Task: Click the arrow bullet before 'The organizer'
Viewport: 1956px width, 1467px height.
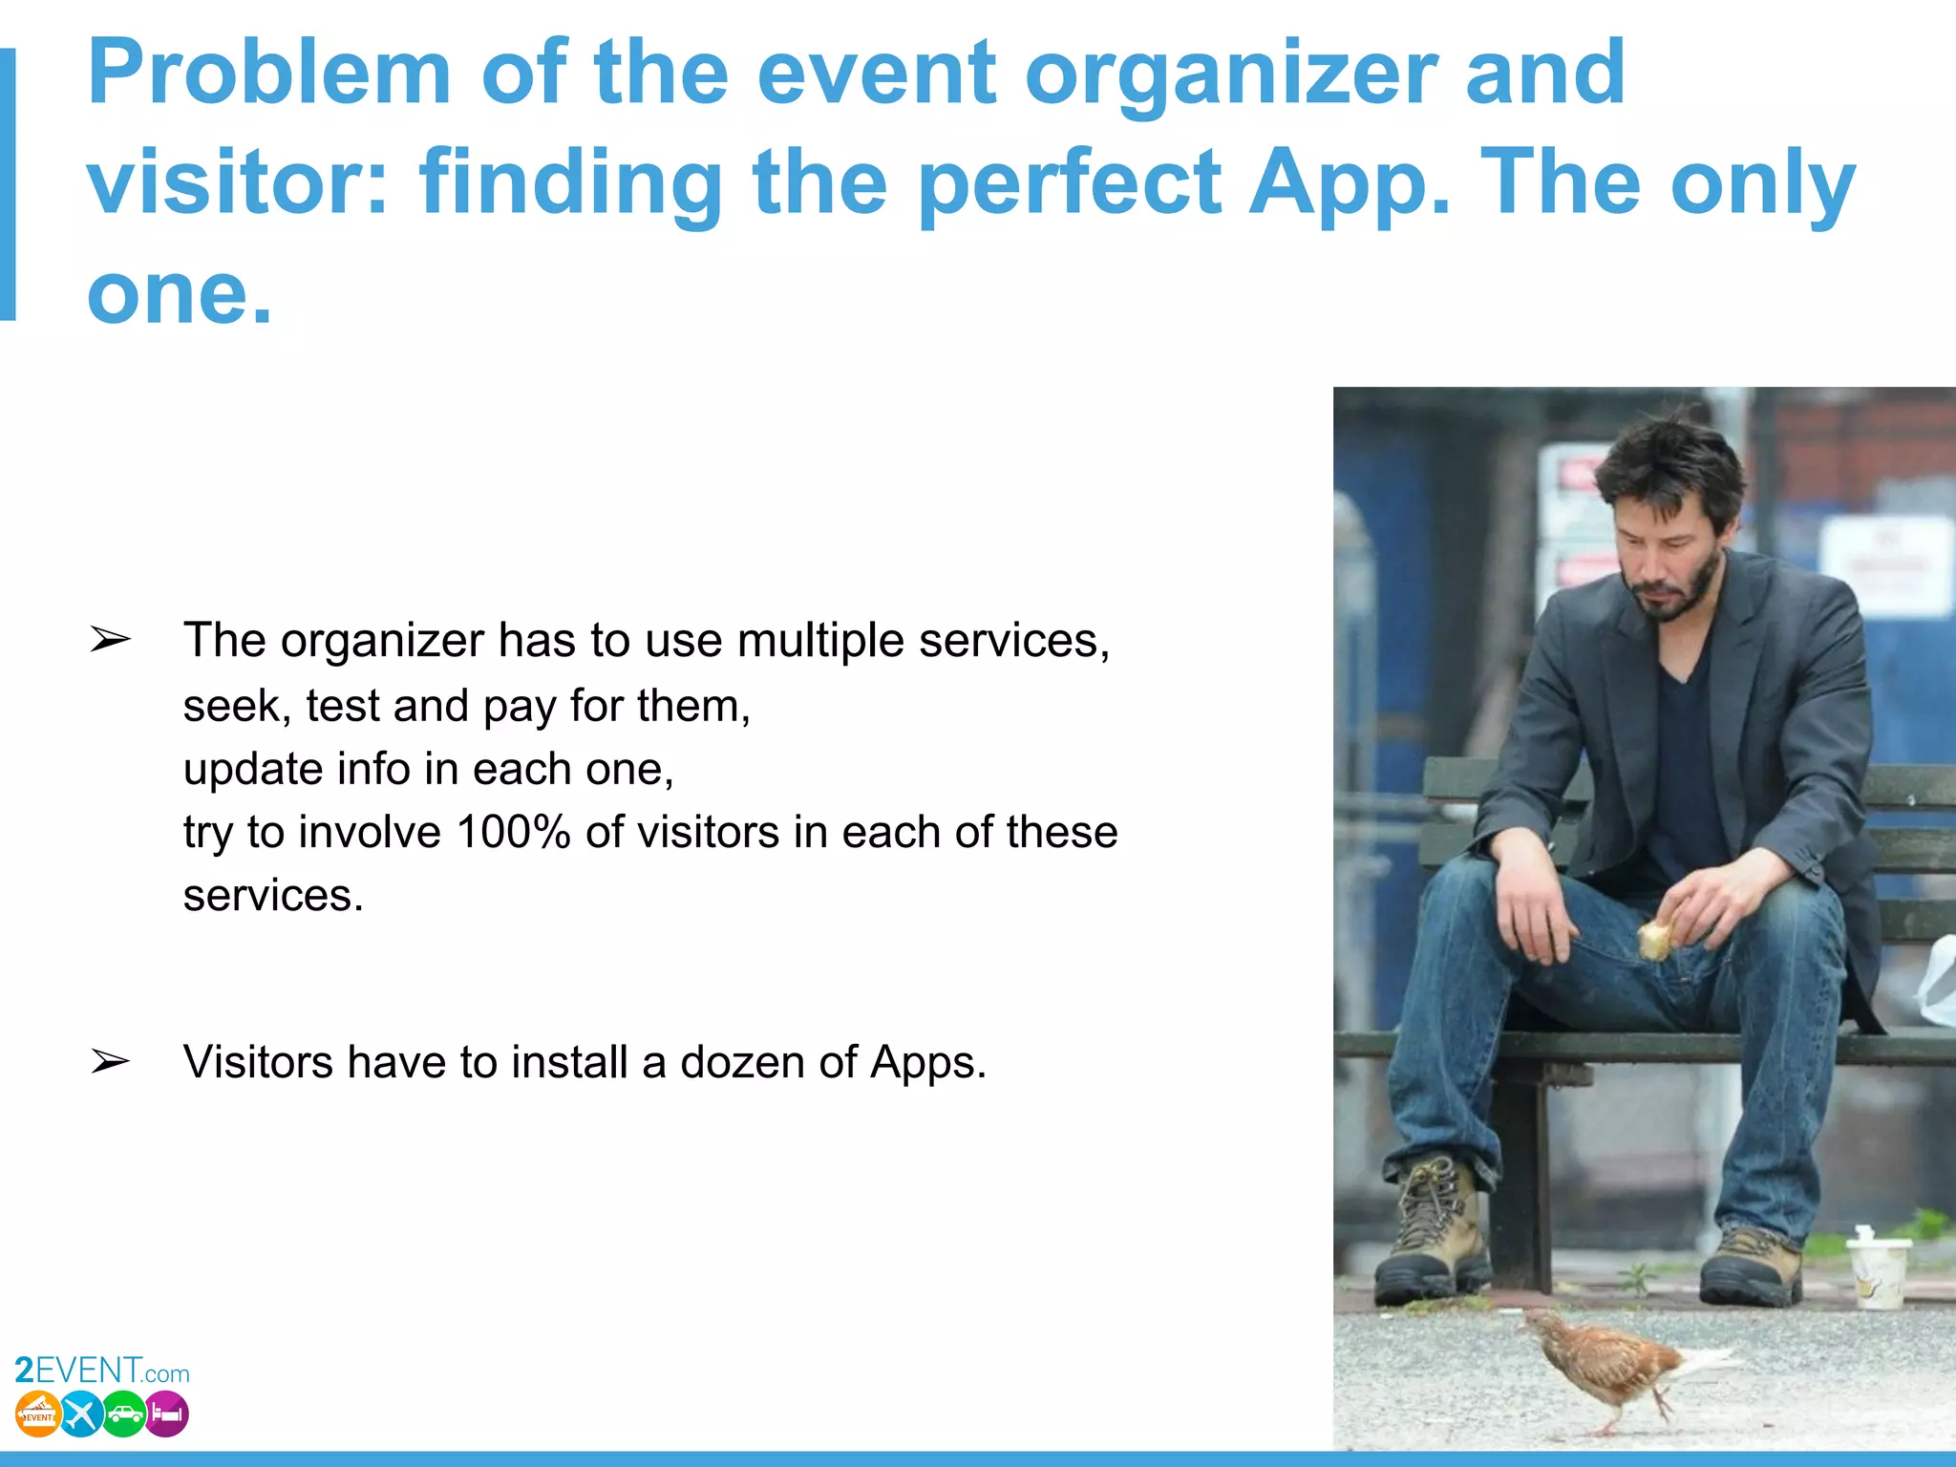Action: coord(110,640)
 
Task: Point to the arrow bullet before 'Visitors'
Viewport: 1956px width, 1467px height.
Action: coord(110,1061)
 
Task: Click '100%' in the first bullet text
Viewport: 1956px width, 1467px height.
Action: coord(513,832)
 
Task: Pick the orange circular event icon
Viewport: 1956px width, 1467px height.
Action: coord(38,1414)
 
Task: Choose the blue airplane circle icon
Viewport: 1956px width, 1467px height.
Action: coord(81,1414)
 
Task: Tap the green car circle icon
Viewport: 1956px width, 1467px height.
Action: coord(124,1414)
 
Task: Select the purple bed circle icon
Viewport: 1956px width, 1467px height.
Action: coord(167,1414)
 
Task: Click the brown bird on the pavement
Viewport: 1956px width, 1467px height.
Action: coord(1614,1366)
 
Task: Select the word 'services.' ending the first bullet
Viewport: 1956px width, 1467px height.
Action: coord(273,896)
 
